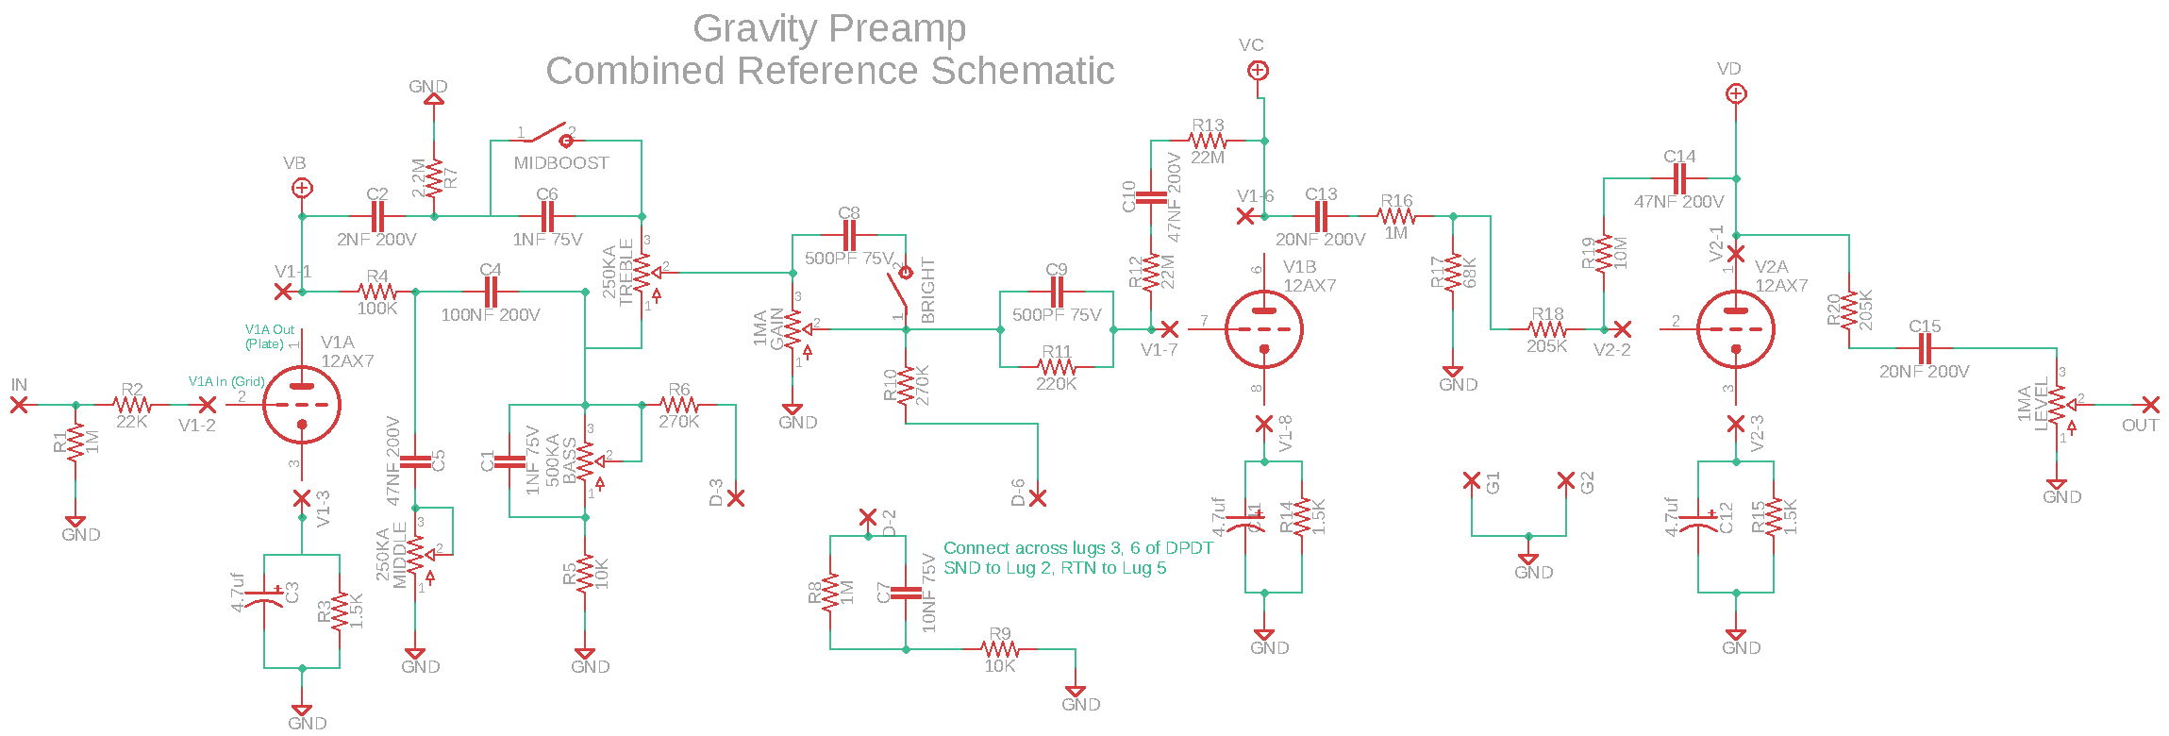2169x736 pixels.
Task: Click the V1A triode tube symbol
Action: click(x=301, y=405)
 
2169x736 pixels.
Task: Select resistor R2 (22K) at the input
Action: click(x=132, y=405)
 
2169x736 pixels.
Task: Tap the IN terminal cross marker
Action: click(x=19, y=405)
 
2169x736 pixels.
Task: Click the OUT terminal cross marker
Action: click(x=2150, y=405)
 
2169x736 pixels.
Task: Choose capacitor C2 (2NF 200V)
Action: click(x=377, y=216)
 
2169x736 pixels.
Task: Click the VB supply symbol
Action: click(x=302, y=189)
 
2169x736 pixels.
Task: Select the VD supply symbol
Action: click(x=1736, y=93)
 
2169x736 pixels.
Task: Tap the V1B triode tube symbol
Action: click(x=1264, y=329)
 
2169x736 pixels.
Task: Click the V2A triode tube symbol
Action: click(x=1735, y=329)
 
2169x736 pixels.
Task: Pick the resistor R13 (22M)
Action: click(x=1208, y=141)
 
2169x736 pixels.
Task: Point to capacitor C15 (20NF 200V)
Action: click(x=1925, y=348)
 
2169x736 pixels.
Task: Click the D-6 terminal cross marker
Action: click(x=1038, y=498)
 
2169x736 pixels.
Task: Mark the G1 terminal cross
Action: click(x=1471, y=481)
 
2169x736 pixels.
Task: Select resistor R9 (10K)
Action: click(x=1000, y=649)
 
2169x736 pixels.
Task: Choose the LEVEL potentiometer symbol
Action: click(x=2057, y=405)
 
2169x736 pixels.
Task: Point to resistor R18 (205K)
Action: click(x=1547, y=329)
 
